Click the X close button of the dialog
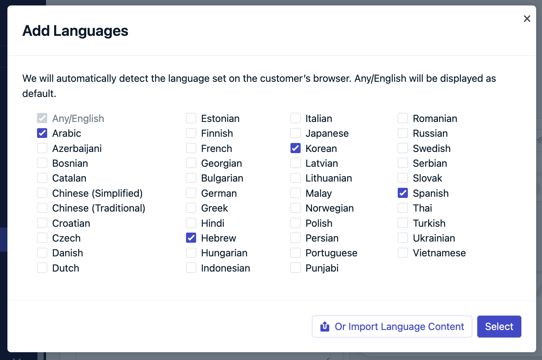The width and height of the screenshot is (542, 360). tap(527, 19)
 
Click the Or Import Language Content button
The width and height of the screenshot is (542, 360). tap(392, 326)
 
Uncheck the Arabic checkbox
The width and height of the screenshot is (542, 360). tap(42, 133)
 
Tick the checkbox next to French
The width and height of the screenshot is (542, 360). tap(191, 148)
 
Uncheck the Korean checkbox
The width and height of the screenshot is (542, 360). tap(296, 148)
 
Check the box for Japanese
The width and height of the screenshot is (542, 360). tap(296, 133)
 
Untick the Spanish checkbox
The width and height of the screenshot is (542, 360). tap(403, 193)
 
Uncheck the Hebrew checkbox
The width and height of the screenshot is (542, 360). tap(191, 238)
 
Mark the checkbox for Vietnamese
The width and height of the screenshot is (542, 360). tap(403, 253)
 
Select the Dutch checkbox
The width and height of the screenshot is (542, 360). tap(42, 268)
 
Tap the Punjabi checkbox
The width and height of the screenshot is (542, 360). tap(296, 268)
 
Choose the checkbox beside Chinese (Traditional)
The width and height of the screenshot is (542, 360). tap(42, 208)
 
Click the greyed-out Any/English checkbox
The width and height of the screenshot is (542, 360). tap(42, 118)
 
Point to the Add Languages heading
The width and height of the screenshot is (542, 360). tap(75, 31)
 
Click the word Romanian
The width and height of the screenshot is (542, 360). tap(435, 118)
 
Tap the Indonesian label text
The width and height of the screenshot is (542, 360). tap(225, 268)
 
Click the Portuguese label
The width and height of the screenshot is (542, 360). tap(331, 253)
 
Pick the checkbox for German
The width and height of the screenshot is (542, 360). tap(191, 193)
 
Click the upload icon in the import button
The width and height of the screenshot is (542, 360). tap(325, 326)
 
